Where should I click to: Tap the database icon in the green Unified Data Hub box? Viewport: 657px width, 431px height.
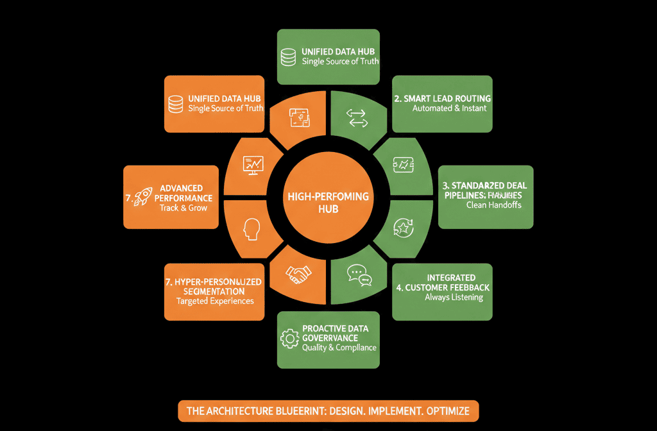tap(289, 56)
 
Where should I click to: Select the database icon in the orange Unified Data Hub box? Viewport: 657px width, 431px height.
tap(175, 104)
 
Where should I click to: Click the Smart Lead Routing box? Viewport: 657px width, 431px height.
tap(442, 104)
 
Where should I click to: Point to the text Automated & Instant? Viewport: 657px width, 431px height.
tap(449, 109)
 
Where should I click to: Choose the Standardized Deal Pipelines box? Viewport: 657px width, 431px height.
tap(483, 196)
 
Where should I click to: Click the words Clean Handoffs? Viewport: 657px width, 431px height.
tap(494, 206)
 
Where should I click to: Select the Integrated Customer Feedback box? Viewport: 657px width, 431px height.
tap(442, 292)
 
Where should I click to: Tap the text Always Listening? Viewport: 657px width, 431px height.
tap(454, 298)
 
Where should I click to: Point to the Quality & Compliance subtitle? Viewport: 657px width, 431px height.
tap(339, 348)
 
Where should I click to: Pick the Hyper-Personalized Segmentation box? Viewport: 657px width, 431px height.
tap(214, 292)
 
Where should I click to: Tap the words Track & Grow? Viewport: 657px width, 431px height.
tap(183, 208)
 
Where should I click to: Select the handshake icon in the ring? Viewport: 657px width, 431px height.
tap(298, 275)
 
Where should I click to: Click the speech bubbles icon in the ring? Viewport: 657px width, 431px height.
tap(359, 275)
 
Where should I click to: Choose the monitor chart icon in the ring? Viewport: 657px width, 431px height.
tap(252, 164)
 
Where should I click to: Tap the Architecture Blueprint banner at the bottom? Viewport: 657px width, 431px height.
tap(328, 410)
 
